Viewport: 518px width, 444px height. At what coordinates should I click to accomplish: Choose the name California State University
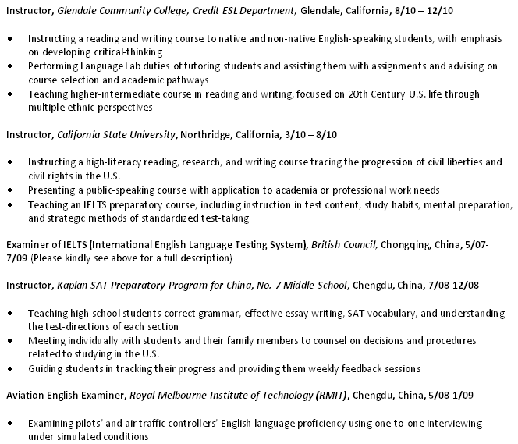[116, 134]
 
